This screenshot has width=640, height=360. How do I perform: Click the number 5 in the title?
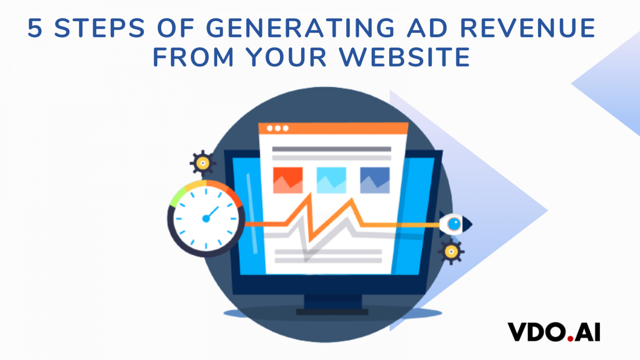[35, 28]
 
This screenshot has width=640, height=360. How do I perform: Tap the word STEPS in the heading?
[100, 28]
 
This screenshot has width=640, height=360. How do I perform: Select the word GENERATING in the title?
[300, 28]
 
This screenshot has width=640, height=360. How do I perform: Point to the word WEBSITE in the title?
[405, 57]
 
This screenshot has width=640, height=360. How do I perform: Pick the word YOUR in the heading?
[286, 57]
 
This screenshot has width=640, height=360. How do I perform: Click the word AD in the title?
[427, 28]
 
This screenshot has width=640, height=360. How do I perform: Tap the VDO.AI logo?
[554, 332]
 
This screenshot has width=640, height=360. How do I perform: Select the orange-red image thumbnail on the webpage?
[288, 180]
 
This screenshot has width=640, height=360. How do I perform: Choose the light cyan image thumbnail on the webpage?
[331, 180]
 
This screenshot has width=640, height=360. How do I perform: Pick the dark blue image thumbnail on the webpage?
[375, 180]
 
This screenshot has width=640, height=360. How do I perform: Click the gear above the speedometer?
[203, 163]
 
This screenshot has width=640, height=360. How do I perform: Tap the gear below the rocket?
[451, 252]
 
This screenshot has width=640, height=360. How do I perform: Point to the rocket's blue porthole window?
[454, 224]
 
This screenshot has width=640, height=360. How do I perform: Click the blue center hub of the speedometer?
[206, 219]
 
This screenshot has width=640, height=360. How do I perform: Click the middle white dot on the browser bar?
[277, 128]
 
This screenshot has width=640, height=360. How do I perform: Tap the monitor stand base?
[332, 312]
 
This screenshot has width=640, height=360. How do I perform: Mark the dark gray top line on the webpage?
[331, 149]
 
